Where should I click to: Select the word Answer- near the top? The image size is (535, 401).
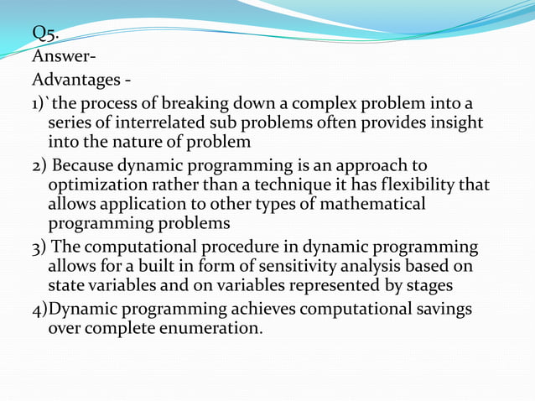click(64, 58)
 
